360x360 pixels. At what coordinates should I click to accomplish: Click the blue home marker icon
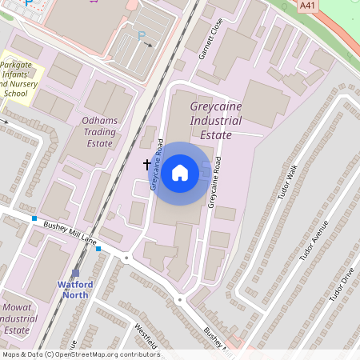pos(180,173)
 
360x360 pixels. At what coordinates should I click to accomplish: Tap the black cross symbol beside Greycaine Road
pos(147,164)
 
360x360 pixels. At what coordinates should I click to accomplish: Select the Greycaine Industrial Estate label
pos(211,120)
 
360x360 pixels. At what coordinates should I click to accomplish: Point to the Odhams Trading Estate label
pos(100,132)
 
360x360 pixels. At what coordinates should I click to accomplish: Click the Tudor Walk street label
pos(286,183)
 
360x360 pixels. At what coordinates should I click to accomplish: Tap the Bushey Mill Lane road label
pos(70,233)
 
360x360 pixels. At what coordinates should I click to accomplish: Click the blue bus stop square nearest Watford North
pos(98,249)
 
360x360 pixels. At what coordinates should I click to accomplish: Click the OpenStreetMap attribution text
pos(80,354)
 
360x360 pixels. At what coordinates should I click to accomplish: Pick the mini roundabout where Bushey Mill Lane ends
pos(126,258)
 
